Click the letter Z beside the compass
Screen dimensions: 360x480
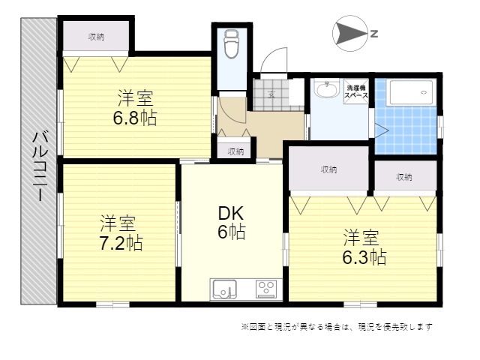374,34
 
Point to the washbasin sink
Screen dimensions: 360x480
325,91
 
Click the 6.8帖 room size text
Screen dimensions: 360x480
135,118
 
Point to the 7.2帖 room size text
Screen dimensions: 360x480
120,242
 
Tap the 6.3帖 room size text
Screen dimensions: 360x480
364,257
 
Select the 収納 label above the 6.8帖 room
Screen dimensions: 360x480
96,37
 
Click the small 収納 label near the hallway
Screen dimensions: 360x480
235,151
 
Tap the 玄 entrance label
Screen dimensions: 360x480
271,94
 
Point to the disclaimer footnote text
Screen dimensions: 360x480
336,327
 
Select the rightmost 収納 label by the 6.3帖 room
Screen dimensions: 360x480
404,177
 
